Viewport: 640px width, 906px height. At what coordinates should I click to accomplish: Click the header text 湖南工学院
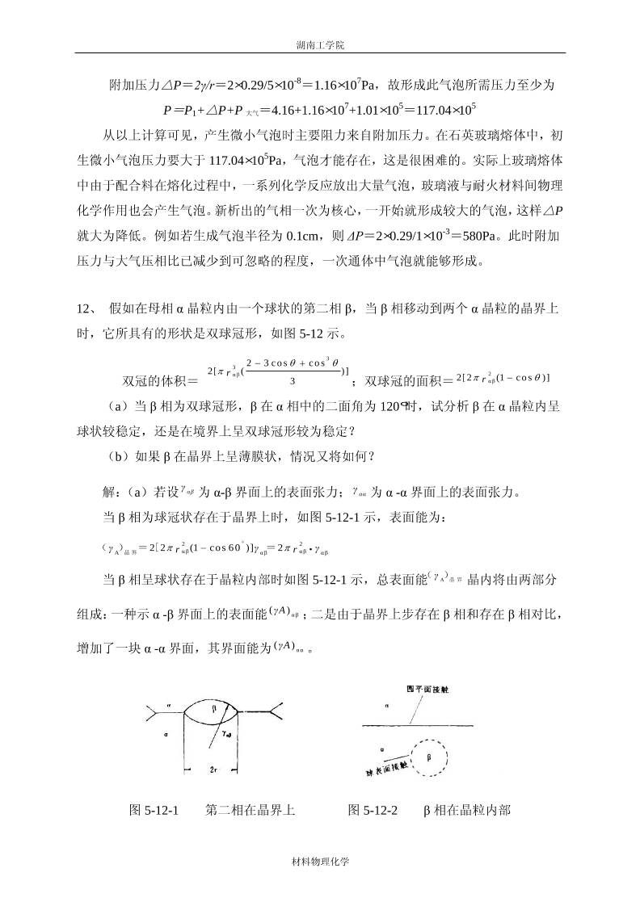coord(320,47)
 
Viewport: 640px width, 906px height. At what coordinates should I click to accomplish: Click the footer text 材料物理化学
coord(320,862)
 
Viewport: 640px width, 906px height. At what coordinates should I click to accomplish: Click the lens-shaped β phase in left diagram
coord(208,713)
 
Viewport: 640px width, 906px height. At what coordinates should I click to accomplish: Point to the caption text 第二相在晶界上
coord(251,809)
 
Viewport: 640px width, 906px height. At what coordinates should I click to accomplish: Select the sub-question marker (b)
coord(118,455)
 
